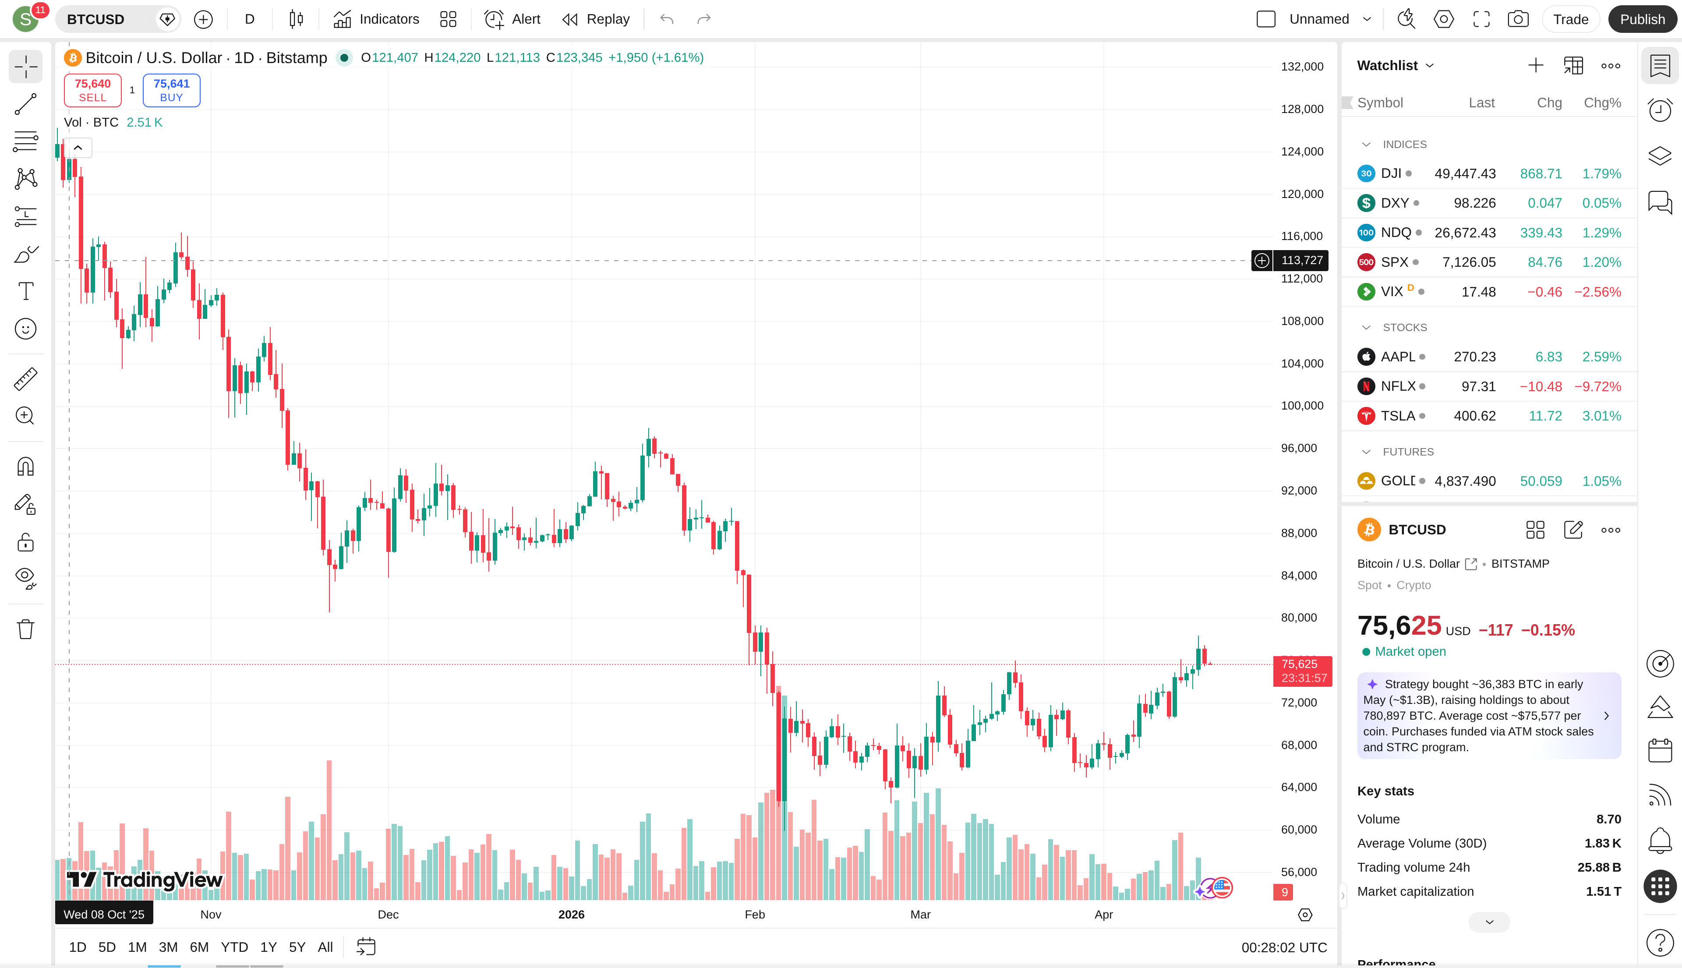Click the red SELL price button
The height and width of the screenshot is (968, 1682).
click(x=92, y=90)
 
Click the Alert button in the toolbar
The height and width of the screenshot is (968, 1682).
click(x=512, y=19)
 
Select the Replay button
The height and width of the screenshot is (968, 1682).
click(x=596, y=19)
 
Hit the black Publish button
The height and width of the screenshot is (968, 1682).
click(x=1641, y=19)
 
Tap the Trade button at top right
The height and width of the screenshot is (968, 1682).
click(x=1570, y=19)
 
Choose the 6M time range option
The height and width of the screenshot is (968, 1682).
click(x=199, y=947)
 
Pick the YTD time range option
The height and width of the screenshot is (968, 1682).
click(x=234, y=947)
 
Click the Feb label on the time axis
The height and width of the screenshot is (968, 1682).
click(x=755, y=914)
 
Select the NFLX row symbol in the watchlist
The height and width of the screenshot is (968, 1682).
click(x=1397, y=386)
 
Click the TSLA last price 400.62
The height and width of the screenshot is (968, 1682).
click(x=1474, y=416)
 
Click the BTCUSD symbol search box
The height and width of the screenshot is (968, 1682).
click(x=106, y=19)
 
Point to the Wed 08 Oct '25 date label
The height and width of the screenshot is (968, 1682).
click(x=104, y=914)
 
